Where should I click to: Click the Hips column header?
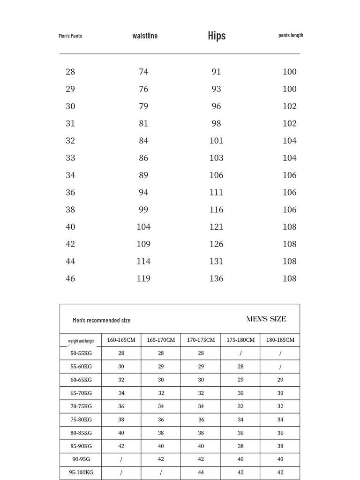(x=217, y=36)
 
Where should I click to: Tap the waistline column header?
(x=145, y=36)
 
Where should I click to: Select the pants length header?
(x=291, y=35)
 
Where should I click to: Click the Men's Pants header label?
(x=70, y=36)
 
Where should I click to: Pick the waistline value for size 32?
(x=143, y=141)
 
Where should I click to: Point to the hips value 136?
(x=216, y=278)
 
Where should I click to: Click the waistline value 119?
(x=143, y=278)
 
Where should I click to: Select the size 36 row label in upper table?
(x=70, y=192)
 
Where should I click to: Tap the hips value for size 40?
(x=216, y=227)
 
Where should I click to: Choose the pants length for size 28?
(x=289, y=72)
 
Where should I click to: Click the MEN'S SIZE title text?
(x=266, y=319)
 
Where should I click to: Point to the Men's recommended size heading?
(x=102, y=321)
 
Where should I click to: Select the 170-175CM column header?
(x=201, y=340)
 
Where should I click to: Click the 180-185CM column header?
(x=280, y=340)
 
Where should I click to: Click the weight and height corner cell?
(x=81, y=341)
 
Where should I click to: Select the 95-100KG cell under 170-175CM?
(x=201, y=472)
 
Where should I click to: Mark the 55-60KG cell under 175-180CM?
(x=240, y=367)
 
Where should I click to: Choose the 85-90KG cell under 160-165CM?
(x=121, y=446)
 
